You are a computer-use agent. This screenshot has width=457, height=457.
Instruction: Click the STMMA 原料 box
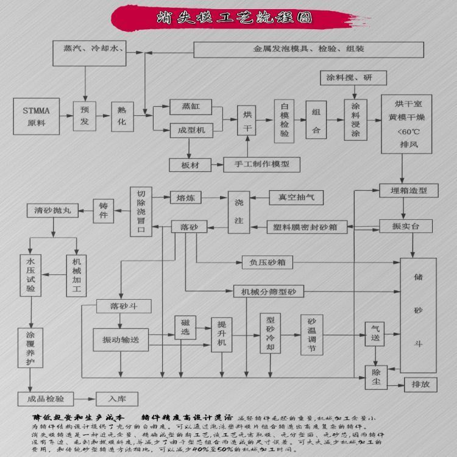coord(38,116)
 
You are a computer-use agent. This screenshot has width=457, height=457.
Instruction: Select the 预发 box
coord(85,116)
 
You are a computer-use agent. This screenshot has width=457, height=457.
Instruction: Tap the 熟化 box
coord(122,116)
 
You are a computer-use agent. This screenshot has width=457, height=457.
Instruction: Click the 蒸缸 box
coord(191,107)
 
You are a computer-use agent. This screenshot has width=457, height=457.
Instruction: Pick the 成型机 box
coord(191,130)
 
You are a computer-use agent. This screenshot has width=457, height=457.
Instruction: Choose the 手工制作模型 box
coord(265,164)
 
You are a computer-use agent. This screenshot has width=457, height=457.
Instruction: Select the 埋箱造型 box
coord(408,191)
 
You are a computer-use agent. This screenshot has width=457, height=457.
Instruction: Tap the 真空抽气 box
coord(296,197)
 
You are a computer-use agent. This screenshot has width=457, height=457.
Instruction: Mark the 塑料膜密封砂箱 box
coord(307,227)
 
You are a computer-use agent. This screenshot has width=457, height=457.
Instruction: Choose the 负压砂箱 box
coord(267,263)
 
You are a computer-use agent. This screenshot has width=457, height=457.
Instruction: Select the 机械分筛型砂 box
coord(268,292)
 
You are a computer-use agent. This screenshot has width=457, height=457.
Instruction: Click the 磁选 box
coord(185,328)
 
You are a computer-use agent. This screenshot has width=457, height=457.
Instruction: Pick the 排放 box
coord(420,384)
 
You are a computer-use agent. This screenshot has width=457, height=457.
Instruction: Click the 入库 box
coord(113,399)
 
